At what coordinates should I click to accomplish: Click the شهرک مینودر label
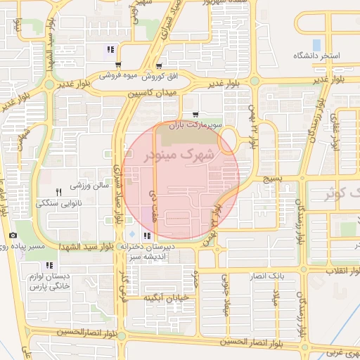177,155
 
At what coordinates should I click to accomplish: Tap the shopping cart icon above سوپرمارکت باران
195,115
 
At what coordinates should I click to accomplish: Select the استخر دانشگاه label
316,55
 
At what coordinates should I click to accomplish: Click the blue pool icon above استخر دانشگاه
316,44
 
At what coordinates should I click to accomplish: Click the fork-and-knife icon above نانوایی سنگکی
59,192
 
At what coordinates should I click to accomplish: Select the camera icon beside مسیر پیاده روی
13,236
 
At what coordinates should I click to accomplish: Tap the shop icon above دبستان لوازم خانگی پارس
49,265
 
